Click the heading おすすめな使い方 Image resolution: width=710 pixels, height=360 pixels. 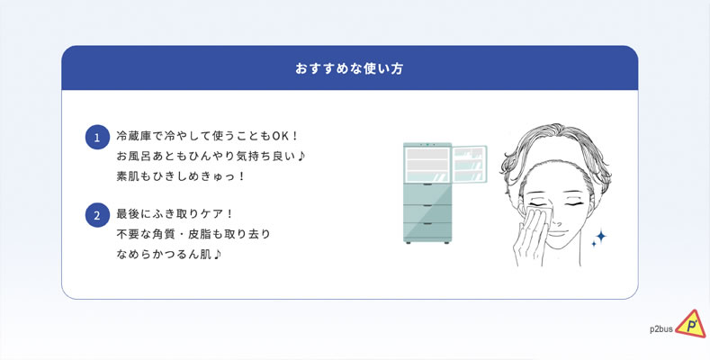pyautogui.click(x=349, y=68)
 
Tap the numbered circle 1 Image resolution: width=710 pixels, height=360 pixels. pyautogui.click(x=97, y=137)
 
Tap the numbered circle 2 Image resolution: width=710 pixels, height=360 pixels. pyautogui.click(x=97, y=215)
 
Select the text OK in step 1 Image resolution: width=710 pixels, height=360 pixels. pyautogui.click(x=275, y=136)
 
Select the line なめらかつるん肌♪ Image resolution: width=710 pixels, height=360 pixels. pyautogui.click(x=169, y=255)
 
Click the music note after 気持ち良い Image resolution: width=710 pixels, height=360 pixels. pyautogui.click(x=302, y=157)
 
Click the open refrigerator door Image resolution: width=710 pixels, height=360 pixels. pyautogui.click(x=470, y=164)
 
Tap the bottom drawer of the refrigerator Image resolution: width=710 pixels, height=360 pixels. pyautogui.click(x=427, y=232)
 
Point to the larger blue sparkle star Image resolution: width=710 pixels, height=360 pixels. pyautogui.click(x=600, y=236)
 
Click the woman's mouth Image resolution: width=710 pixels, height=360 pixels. pyautogui.click(x=558, y=234)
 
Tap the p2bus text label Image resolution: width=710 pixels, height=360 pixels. pyautogui.click(x=661, y=329)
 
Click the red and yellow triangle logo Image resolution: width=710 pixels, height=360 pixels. pyautogui.click(x=690, y=324)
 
